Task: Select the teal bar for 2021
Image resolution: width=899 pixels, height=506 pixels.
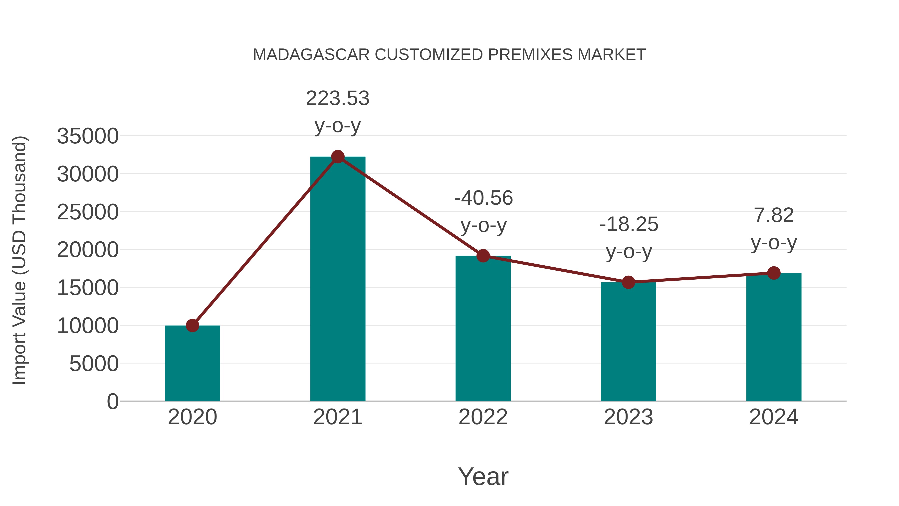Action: (337, 279)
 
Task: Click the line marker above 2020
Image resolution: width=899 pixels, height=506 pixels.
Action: (192, 325)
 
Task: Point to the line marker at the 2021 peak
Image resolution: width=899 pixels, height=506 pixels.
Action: (337, 157)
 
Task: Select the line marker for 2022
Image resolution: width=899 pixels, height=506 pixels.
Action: (483, 256)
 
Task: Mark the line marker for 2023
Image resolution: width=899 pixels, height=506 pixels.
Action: (628, 282)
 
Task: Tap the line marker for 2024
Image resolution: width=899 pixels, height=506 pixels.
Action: (774, 273)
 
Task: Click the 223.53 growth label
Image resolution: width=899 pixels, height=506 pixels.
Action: (337, 98)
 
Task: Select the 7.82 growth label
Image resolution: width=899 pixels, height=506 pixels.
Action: (774, 215)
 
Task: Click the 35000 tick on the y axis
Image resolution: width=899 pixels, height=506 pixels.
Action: (88, 136)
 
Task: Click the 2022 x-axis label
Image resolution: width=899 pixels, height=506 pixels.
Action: (483, 417)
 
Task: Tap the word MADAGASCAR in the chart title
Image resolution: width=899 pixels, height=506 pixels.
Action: (311, 55)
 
